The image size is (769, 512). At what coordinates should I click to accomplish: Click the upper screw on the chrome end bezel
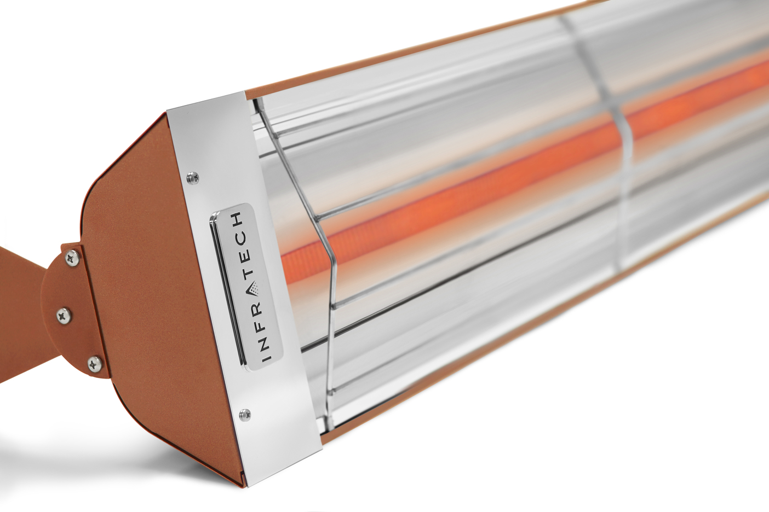tap(192, 177)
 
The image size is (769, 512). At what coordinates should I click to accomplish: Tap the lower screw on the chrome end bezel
tap(245, 415)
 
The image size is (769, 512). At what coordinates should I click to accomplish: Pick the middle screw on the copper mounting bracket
tap(64, 315)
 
